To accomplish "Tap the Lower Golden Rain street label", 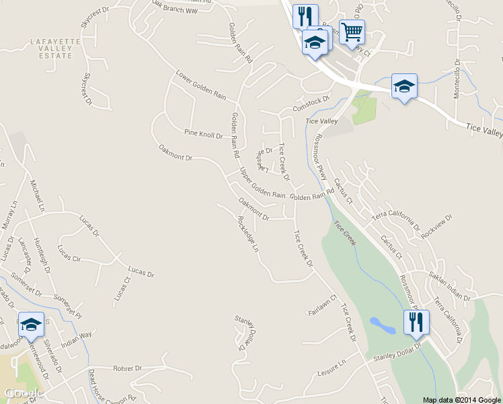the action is [200, 84].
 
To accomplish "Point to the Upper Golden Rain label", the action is [262, 182].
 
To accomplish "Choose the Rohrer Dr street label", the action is [128, 368].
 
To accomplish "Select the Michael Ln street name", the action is [36, 193].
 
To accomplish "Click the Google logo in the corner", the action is [24, 393].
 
